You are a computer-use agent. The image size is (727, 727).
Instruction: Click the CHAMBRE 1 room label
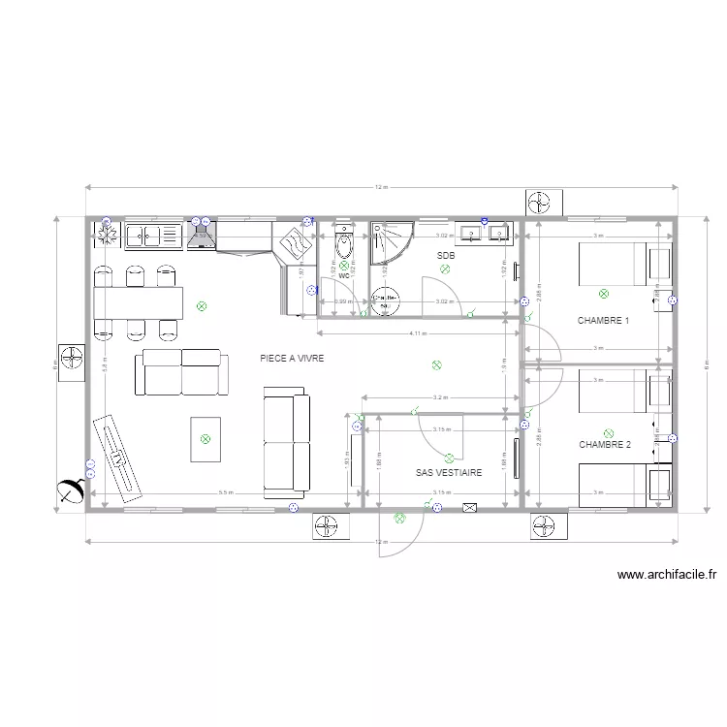click(x=604, y=320)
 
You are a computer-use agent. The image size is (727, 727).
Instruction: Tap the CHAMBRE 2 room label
click(x=605, y=445)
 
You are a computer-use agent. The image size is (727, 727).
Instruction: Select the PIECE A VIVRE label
click(x=291, y=359)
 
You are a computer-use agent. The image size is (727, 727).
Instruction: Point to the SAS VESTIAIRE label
click(x=449, y=473)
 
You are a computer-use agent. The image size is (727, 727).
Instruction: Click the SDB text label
click(x=446, y=256)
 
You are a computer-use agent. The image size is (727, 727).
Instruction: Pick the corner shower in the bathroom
click(x=390, y=242)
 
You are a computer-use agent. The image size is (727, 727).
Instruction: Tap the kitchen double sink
click(x=145, y=235)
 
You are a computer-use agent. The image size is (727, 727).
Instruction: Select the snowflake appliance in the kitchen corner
click(x=104, y=234)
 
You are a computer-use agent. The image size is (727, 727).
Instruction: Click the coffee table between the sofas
click(x=205, y=438)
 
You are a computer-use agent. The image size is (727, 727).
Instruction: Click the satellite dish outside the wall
click(x=70, y=491)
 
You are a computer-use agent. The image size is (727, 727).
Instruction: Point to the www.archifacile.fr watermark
click(x=666, y=575)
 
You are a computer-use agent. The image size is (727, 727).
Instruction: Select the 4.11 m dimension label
click(x=418, y=333)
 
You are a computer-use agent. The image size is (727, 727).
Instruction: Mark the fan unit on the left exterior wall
click(x=72, y=361)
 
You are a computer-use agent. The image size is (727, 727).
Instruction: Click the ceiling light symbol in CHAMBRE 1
click(x=605, y=292)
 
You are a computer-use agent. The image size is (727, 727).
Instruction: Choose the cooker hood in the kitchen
click(x=201, y=235)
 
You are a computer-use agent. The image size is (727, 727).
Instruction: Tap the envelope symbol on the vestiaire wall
click(x=471, y=506)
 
